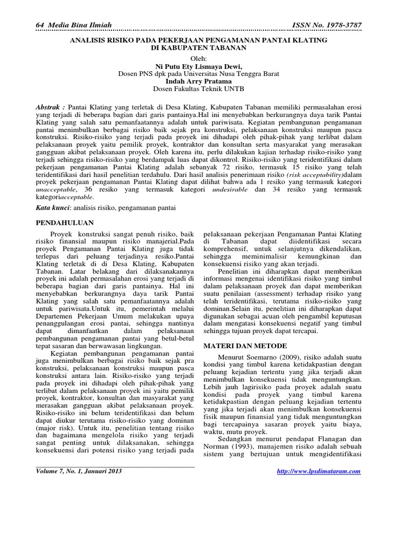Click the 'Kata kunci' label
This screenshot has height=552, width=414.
click(53, 207)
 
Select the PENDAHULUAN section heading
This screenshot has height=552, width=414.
click(65, 222)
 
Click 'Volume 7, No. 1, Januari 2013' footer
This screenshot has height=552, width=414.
click(79, 471)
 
